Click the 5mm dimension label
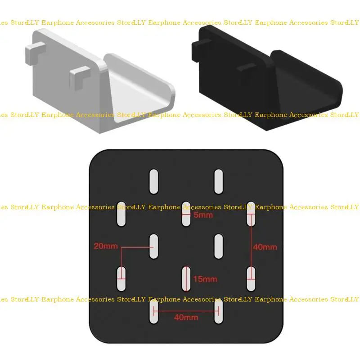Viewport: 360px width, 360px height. tap(203, 215)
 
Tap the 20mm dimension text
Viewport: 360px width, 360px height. tap(106, 246)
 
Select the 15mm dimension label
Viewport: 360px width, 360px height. tap(205, 279)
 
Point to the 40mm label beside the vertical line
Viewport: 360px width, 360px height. tap(265, 247)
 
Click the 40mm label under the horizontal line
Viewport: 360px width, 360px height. tap(186, 317)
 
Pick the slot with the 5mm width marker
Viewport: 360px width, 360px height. tap(186, 214)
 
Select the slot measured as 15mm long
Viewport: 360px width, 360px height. tap(186, 279)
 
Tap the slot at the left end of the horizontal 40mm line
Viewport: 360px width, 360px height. tap(154, 311)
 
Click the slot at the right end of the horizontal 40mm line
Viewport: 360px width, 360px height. tap(218, 311)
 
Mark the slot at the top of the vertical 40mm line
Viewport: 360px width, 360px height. tap(251, 214)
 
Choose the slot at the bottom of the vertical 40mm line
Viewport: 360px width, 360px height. tap(251, 279)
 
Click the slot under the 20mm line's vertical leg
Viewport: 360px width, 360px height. tap(121, 279)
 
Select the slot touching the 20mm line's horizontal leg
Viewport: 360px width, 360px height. tap(154, 246)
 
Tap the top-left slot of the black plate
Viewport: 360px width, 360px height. tap(154, 181)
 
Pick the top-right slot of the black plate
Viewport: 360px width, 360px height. tap(218, 181)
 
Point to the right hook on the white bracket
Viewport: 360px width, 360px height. tap(81, 76)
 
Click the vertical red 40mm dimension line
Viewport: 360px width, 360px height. tap(251, 246)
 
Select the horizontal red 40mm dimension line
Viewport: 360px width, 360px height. tap(186, 311)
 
